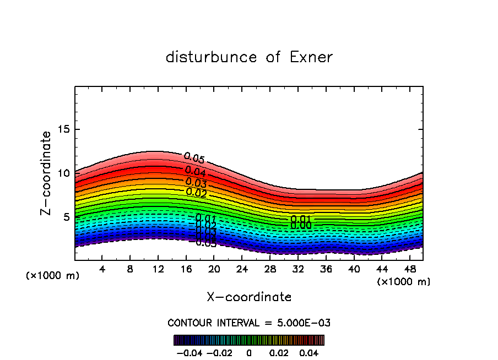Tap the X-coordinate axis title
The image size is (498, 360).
coord(249,297)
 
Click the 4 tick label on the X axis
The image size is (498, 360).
coord(102,269)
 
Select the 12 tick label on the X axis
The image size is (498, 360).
coord(158,269)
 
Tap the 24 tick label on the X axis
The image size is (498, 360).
coord(242,269)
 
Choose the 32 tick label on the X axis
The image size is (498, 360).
coord(298,269)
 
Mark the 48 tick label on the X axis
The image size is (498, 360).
coord(410,269)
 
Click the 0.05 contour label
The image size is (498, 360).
coord(194,159)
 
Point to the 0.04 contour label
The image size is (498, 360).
coord(195,171)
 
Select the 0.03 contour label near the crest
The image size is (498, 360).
coord(196,182)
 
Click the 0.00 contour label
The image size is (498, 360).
coord(301,225)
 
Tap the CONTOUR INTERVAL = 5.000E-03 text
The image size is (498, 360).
coord(249,323)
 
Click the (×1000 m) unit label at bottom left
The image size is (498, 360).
coord(53,276)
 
